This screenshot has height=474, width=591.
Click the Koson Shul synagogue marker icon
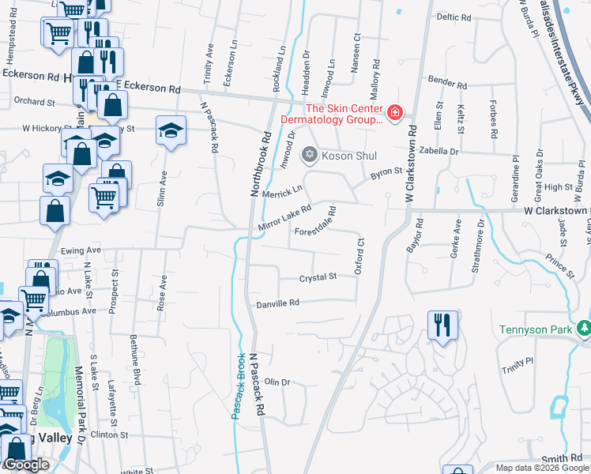point(310,156)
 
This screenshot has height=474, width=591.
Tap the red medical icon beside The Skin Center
point(394,114)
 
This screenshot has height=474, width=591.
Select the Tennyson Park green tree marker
point(584,328)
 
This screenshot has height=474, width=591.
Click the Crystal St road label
point(318,277)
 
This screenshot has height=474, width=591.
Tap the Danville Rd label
point(277,303)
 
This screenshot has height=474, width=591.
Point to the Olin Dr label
point(277,382)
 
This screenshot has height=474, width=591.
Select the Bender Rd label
point(443,81)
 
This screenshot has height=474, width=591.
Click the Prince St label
point(559,265)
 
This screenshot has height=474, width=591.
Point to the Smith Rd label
point(562,459)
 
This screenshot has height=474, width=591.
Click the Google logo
point(26,465)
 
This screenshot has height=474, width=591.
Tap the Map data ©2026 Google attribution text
point(542,468)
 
